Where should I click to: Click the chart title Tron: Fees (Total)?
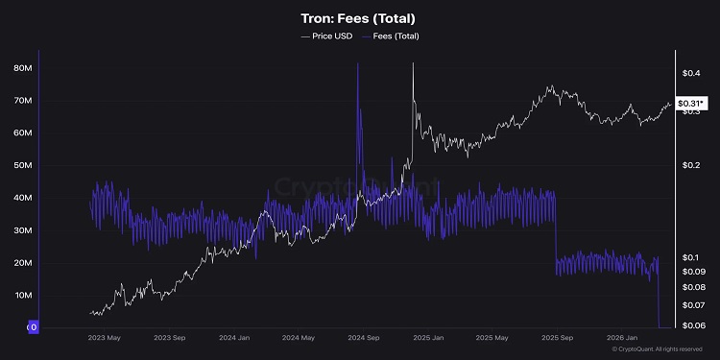click(x=359, y=18)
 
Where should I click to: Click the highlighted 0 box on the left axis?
click(x=33, y=327)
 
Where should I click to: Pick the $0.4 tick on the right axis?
click(x=689, y=73)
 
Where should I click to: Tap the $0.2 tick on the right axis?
click(x=689, y=165)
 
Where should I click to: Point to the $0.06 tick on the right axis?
click(x=691, y=326)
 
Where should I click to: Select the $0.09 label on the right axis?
click(x=691, y=272)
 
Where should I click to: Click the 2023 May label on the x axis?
click(x=104, y=338)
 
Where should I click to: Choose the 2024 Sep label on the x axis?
click(x=364, y=338)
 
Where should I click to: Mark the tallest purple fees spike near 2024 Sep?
click(x=357, y=65)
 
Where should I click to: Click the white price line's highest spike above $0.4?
click(x=413, y=65)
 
